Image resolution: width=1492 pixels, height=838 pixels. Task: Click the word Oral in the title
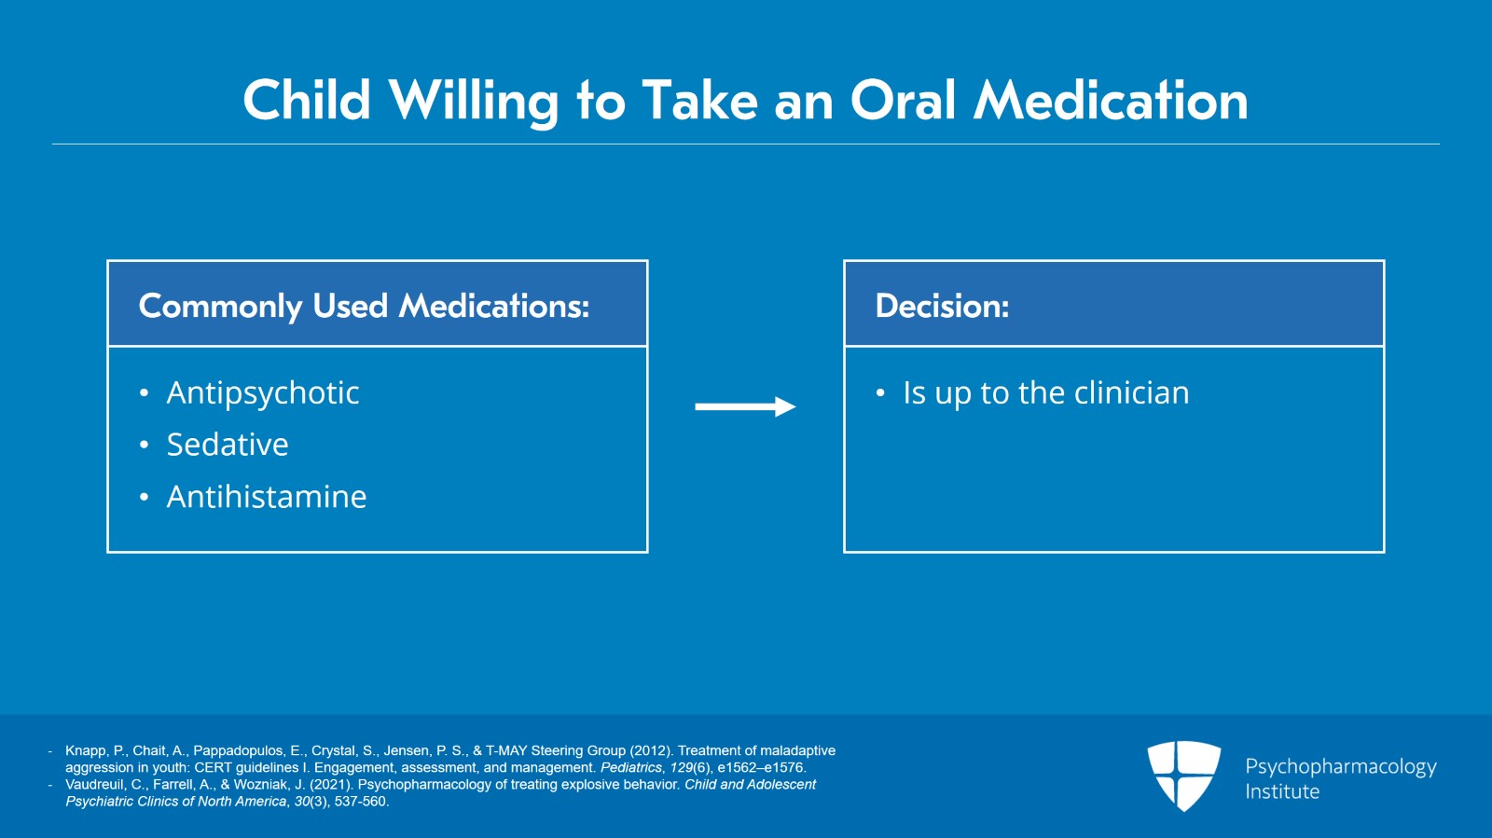point(905,101)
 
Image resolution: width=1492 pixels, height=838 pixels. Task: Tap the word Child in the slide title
point(307,101)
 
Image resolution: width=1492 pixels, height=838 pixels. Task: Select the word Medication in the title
point(1111,101)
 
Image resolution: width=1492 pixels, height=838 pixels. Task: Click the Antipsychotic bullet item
point(263,392)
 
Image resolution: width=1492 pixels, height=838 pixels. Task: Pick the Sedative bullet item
point(228,445)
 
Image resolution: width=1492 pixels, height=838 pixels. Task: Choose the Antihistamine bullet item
point(267,497)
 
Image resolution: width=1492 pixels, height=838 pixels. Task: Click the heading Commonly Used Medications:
point(364,306)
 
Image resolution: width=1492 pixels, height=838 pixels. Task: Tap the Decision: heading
point(942,306)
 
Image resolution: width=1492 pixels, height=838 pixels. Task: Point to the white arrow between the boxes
point(745,406)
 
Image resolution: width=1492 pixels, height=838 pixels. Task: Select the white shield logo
point(1183,776)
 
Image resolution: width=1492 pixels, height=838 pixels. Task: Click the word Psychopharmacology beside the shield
point(1341,767)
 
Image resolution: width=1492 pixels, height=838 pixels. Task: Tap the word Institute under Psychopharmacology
point(1282,791)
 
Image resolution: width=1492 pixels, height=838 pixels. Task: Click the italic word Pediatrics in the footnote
point(631,767)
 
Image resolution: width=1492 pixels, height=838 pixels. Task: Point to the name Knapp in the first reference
point(86,750)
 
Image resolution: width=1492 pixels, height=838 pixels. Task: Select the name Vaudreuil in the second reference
point(94,785)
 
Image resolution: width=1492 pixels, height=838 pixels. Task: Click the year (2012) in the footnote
point(648,750)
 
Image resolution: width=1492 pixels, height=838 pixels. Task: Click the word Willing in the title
point(473,102)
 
